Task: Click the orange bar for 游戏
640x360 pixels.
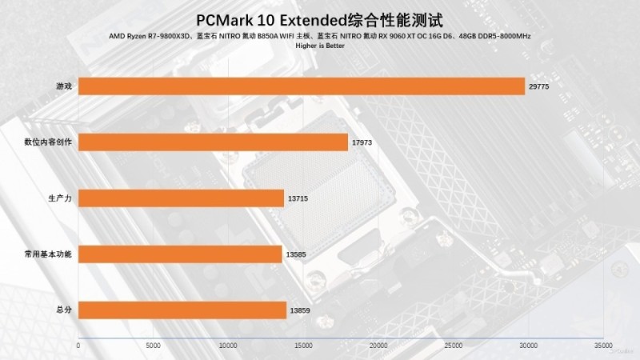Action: [x=302, y=86]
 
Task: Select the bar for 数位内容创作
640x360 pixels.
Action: [x=214, y=142]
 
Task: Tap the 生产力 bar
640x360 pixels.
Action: [x=181, y=198]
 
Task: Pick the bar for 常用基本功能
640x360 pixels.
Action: [x=180, y=254]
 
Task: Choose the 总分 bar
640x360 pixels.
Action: [x=182, y=310]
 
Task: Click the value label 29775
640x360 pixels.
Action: [x=540, y=86]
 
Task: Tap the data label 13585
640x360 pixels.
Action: [x=296, y=254]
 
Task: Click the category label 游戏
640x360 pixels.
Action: [x=64, y=86]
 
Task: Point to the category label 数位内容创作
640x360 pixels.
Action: [x=49, y=142]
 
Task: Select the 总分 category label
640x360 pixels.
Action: [x=64, y=310]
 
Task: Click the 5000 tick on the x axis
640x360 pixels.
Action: [x=153, y=346]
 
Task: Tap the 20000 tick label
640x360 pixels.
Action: [x=378, y=346]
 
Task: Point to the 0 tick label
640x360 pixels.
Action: [x=78, y=346]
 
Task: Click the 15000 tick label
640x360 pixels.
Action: [x=303, y=346]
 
